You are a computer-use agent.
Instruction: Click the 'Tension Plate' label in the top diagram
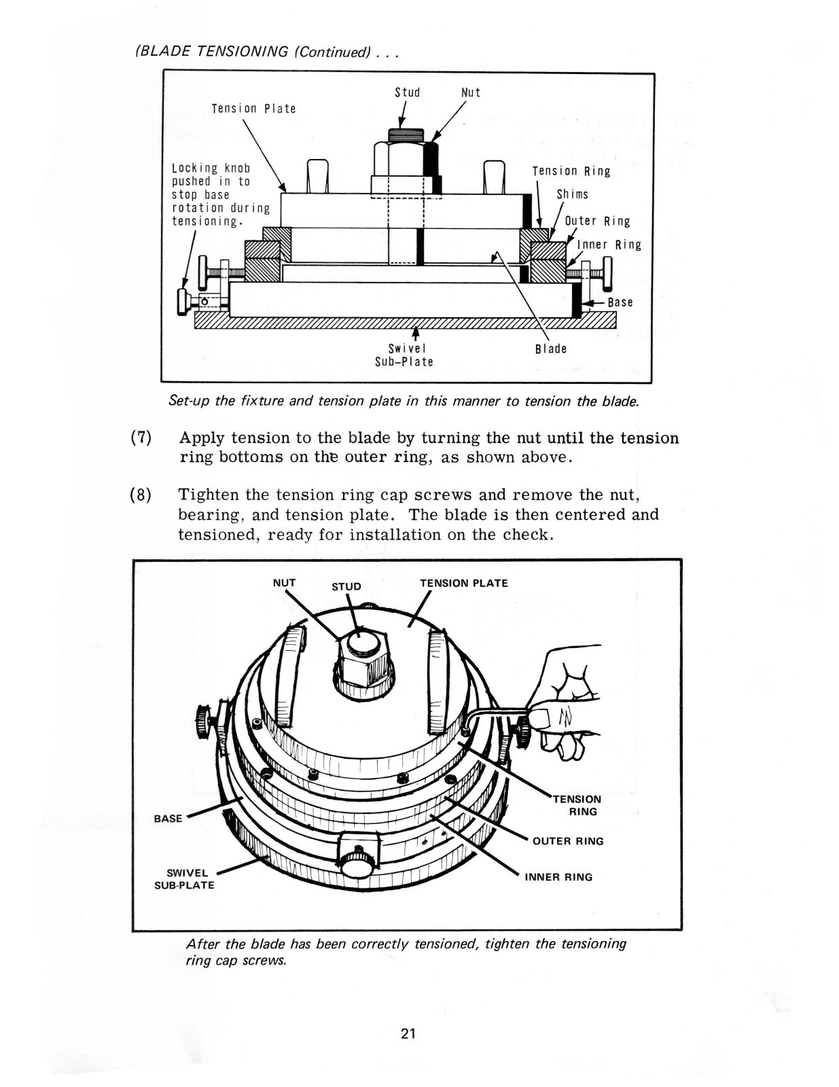253,109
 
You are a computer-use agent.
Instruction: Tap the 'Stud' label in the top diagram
407,92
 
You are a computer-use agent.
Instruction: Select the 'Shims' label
572,194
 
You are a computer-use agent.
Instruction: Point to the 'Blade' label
550,349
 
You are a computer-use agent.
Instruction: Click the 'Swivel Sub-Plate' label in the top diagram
404,355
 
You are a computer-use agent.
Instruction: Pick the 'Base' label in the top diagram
620,302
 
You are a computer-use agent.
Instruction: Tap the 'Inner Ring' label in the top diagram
609,245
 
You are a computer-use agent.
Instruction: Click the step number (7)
141,438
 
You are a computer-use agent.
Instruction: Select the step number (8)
141,495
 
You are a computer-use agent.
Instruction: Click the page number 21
408,1034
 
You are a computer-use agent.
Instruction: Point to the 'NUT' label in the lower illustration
284,582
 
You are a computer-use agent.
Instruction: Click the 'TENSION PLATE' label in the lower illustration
463,583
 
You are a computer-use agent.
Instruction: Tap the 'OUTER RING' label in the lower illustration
568,841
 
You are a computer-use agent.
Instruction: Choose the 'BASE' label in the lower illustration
168,819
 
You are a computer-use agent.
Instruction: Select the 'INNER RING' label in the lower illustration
558,877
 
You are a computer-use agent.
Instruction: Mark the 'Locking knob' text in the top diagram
211,168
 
